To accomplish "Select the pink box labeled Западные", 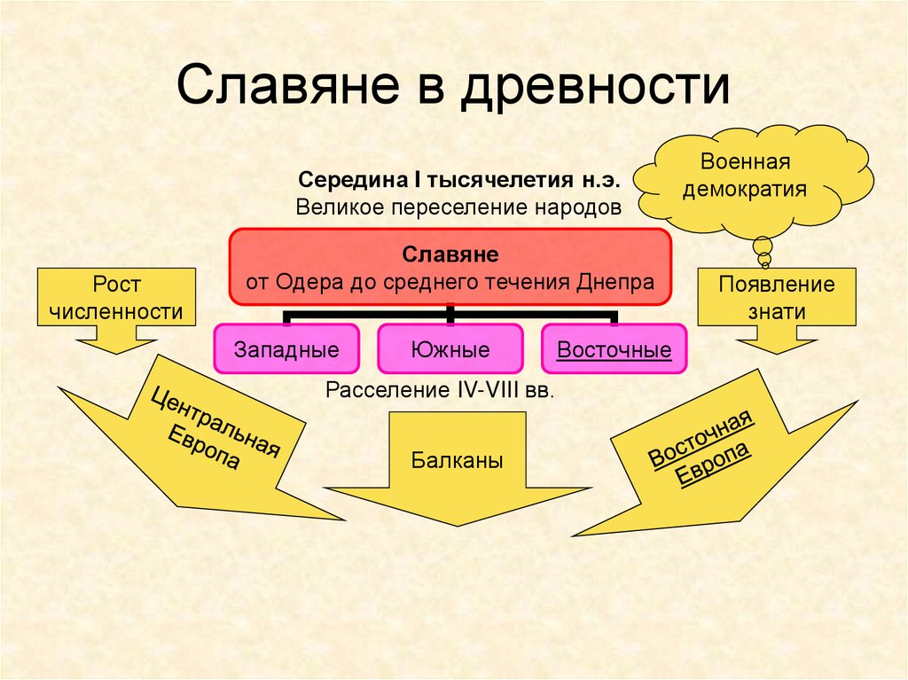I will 286,349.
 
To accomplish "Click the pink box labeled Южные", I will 450,349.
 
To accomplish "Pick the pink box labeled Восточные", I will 614,349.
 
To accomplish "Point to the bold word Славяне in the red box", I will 451,254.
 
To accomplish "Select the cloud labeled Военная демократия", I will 755,176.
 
